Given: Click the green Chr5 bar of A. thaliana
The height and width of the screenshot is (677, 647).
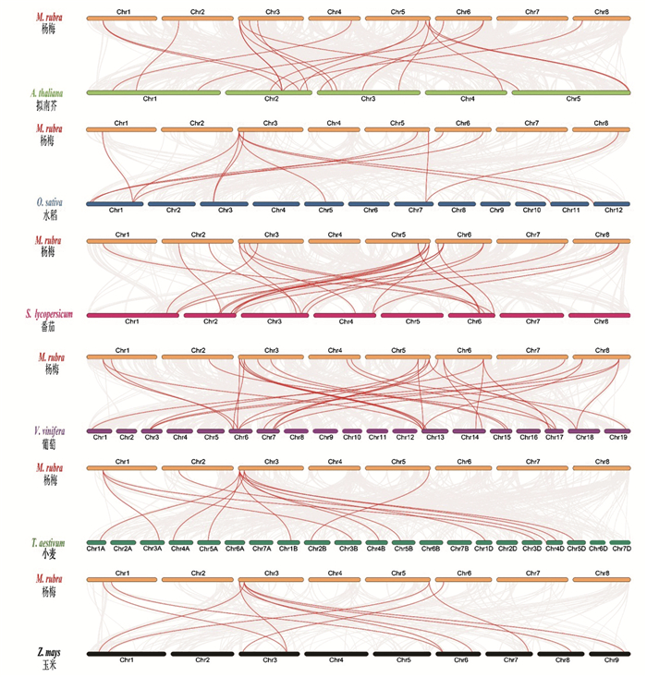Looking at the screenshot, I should [572, 92].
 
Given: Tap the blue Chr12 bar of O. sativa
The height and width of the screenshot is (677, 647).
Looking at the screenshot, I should [611, 204].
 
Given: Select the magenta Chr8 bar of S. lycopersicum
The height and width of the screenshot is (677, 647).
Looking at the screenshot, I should [599, 315].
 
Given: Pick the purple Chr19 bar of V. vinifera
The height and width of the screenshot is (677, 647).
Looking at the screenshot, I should [616, 431].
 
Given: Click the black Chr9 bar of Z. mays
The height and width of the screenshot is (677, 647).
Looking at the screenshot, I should [611, 653].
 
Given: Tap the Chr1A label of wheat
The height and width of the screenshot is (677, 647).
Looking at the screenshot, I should [95, 550].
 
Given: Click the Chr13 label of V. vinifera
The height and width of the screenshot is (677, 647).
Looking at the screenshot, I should [434, 437].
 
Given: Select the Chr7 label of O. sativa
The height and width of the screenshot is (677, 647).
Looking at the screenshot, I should [415, 210].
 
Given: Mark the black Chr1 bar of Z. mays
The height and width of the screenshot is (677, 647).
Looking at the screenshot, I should [126, 653].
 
